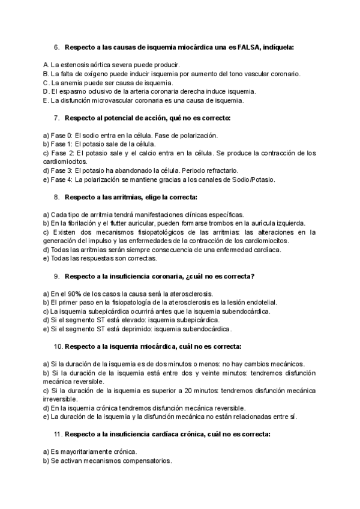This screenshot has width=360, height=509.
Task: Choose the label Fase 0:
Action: pyautogui.click(x=55, y=135)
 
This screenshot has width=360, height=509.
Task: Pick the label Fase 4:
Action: pyautogui.click(x=55, y=179)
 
